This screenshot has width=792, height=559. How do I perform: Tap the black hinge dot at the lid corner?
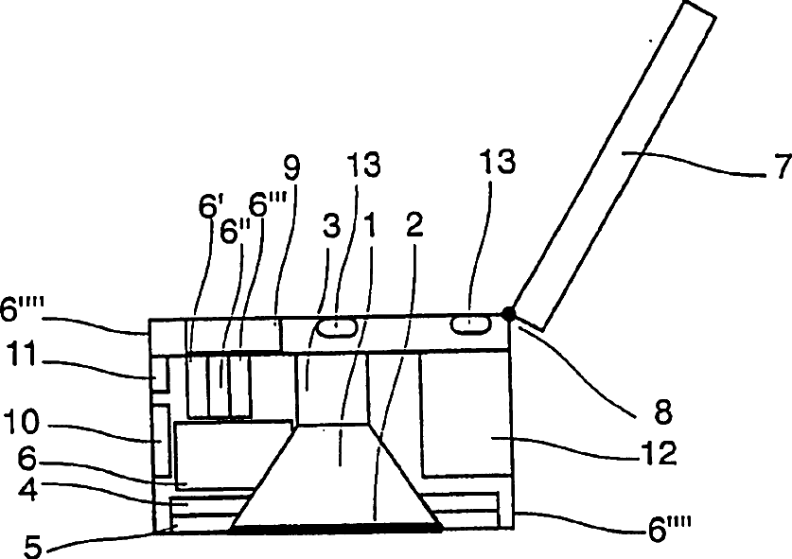coord(511,314)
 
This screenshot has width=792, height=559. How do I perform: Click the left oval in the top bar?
coord(336,326)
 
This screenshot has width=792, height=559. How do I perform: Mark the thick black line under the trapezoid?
coord(335,531)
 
